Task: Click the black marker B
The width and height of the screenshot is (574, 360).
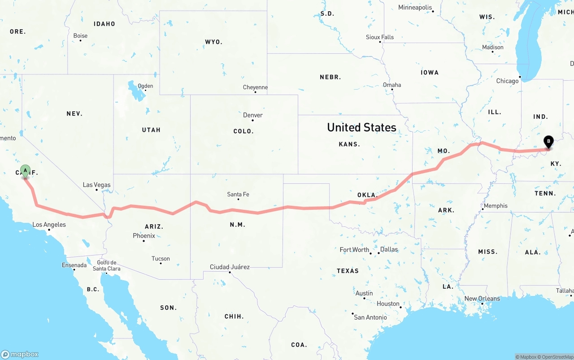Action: tap(548, 142)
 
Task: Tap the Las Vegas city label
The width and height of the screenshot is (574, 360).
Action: tap(96, 185)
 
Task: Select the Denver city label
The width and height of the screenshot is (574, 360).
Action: tap(253, 115)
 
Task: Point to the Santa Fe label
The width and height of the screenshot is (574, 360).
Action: tap(238, 194)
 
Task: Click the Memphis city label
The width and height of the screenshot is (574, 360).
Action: tap(496, 206)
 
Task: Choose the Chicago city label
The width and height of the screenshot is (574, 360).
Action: tap(507, 81)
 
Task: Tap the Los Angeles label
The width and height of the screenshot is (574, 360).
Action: tap(49, 225)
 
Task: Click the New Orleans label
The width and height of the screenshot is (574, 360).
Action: tap(482, 299)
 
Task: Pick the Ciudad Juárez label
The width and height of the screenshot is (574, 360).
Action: tap(230, 267)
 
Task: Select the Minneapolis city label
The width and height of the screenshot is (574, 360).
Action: tap(415, 8)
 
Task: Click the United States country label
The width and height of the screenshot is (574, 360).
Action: tap(361, 127)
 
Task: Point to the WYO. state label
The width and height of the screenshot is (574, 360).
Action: tap(213, 42)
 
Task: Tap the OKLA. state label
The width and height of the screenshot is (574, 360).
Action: tap(367, 195)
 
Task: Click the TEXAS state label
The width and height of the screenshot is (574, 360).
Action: tap(348, 271)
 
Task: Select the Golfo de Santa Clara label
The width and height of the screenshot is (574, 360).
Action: tap(107, 266)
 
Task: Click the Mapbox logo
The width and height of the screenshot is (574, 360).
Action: tap(20, 354)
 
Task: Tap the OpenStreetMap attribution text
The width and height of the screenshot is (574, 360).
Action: tap(554, 357)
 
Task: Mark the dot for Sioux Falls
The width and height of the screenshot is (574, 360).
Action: tap(380, 42)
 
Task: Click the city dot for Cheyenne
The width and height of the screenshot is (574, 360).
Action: tap(255, 92)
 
